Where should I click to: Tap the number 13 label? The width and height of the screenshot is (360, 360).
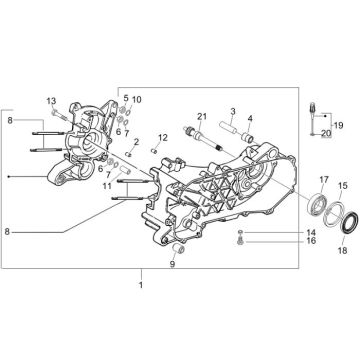point(51,101)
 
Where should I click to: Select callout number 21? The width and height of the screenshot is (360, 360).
point(201,118)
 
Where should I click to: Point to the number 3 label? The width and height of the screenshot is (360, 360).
point(232,111)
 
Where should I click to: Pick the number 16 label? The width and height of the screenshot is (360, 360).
point(283,241)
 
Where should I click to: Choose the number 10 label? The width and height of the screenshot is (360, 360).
point(136,100)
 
